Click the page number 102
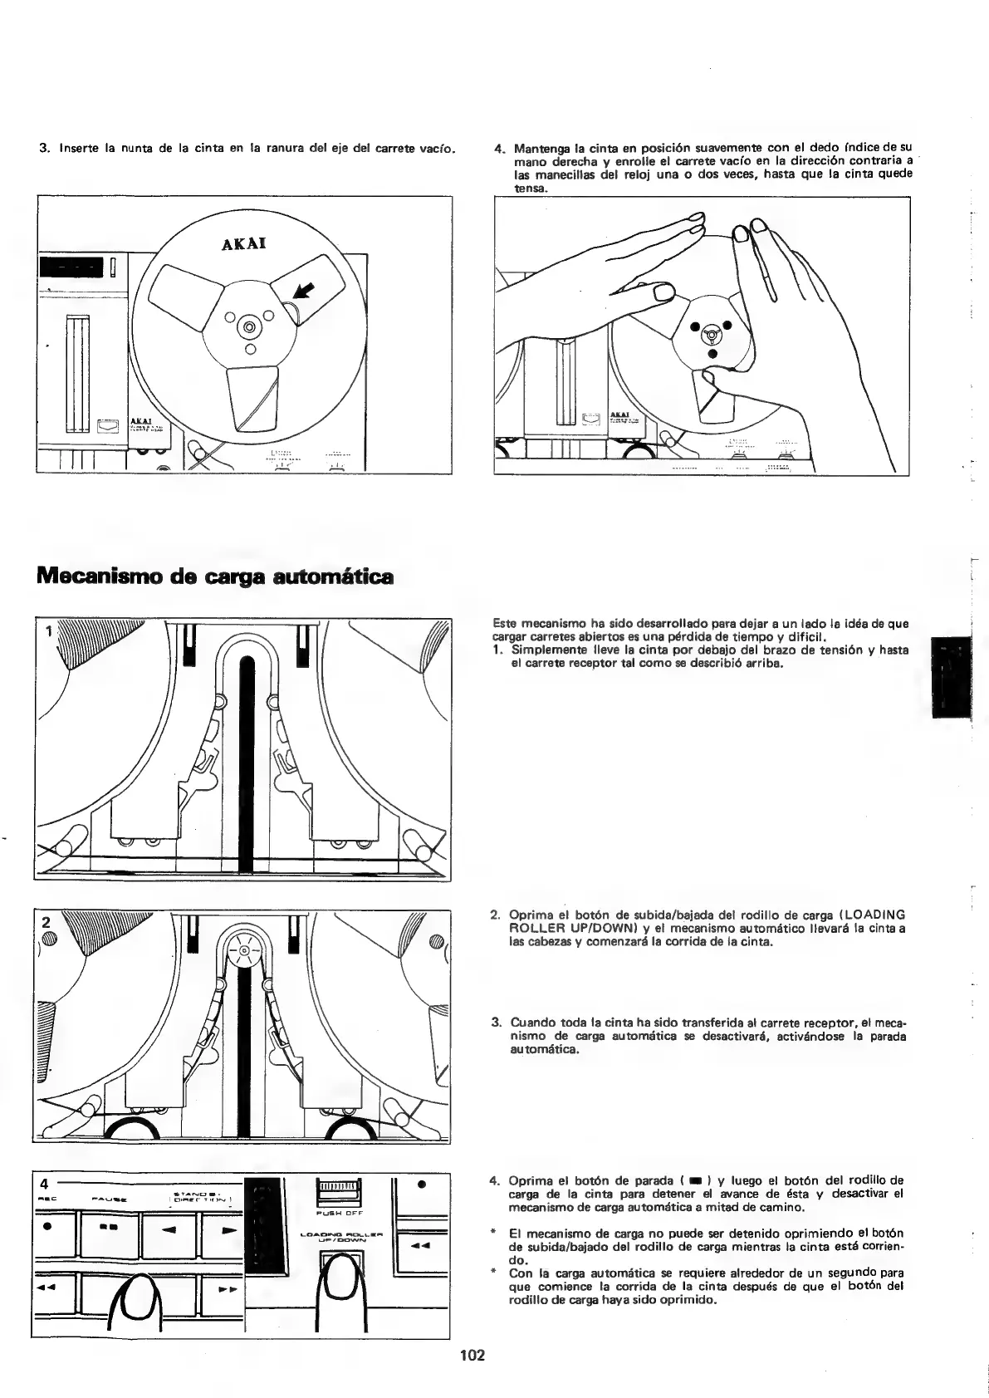pyautogui.click(x=472, y=1356)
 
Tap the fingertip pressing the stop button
pyautogui.click(x=136, y=1297)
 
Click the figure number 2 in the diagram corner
pyautogui.click(x=47, y=922)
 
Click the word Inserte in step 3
pyautogui.click(x=78, y=149)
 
